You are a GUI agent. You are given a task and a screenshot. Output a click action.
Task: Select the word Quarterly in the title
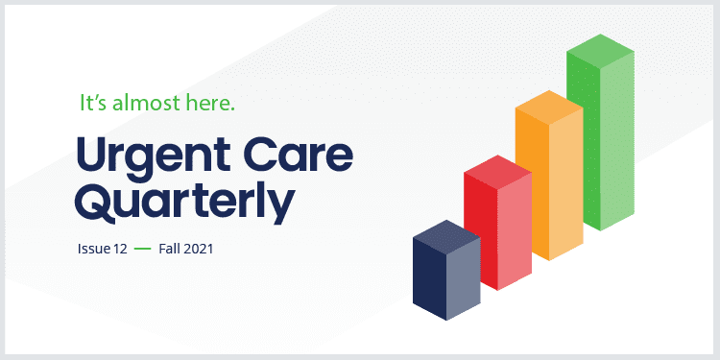point(183,203)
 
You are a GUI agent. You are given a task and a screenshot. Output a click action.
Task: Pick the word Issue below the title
point(93,249)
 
